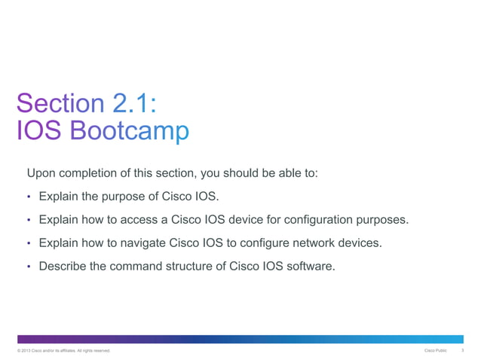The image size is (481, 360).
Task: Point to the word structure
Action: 199,266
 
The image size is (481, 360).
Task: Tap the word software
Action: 308,266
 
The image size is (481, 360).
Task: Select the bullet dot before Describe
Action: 28,267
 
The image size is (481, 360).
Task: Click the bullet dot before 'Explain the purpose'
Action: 28,197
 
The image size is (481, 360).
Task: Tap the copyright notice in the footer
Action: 57,351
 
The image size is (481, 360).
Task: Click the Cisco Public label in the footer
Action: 436,351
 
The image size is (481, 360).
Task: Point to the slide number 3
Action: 461,351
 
